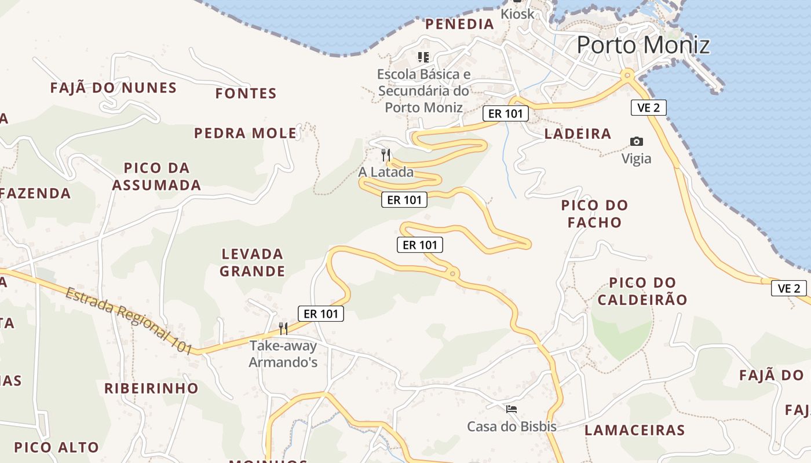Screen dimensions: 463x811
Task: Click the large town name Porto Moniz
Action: coord(643,45)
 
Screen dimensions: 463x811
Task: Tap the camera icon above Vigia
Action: coord(636,141)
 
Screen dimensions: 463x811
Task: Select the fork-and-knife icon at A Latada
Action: coord(386,155)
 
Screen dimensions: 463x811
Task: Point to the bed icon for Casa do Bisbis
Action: coord(512,409)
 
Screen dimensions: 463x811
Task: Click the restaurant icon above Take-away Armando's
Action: coord(283,329)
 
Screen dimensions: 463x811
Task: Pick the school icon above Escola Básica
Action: coord(423,57)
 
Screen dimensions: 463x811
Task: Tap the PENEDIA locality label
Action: coord(459,24)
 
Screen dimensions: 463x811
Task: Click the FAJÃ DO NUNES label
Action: coord(113,88)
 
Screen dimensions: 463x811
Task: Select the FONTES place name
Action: coord(246,93)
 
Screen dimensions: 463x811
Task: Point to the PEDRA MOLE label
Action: coord(245,133)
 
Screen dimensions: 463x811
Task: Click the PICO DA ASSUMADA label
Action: coord(156,177)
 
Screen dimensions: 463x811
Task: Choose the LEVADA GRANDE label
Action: coord(253,262)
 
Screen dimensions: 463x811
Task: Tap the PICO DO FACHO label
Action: coord(594,214)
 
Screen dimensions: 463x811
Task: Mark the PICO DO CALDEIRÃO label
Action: coord(642,291)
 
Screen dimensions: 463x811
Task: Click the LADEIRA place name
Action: coord(578,134)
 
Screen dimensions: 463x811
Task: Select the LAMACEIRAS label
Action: coord(634,430)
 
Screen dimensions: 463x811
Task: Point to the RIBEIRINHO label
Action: coord(151,388)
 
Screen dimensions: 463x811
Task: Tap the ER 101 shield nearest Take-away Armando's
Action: coord(320,314)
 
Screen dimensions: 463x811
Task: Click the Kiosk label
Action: coord(517,14)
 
